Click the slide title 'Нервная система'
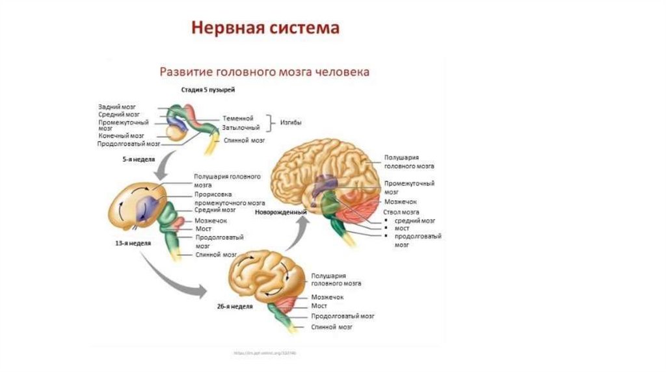pos(265,29)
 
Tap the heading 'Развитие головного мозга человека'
pos(265,71)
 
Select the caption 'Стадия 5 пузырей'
pos(208,88)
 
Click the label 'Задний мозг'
pos(117,106)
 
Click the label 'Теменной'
pos(238,118)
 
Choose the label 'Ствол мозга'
pos(401,212)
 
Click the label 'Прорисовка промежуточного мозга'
pos(228,198)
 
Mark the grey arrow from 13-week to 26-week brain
pos(172,276)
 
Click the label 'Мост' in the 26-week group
pos(319,305)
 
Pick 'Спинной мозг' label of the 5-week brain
pos(244,140)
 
